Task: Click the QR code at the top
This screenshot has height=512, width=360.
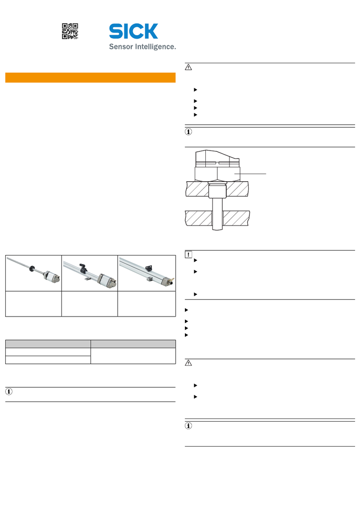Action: pos(70,31)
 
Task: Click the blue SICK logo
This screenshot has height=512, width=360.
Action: pos(134,31)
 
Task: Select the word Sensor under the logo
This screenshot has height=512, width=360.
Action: pos(121,47)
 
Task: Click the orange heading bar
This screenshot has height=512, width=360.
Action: pos(90,77)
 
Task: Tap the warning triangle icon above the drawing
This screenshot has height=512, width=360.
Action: pos(188,67)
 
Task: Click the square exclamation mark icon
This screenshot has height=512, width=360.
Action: pos(188,254)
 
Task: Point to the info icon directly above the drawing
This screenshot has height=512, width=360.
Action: pos(188,132)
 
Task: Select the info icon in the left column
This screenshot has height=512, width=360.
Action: pos(9,391)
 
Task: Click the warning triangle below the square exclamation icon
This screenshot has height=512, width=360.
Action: pos(188,363)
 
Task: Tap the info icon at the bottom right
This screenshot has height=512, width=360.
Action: pos(188,426)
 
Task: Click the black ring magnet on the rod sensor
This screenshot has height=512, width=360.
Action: pos(33,268)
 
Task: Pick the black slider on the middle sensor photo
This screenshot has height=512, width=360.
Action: pos(83,268)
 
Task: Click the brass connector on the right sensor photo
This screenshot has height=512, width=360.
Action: pos(172,280)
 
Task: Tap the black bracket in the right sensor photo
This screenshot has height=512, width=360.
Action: pos(149,268)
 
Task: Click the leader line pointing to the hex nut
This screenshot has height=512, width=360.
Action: pos(250,174)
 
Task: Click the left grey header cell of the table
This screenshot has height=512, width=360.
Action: pos(48,344)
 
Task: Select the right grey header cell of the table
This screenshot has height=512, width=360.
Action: pos(133,344)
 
